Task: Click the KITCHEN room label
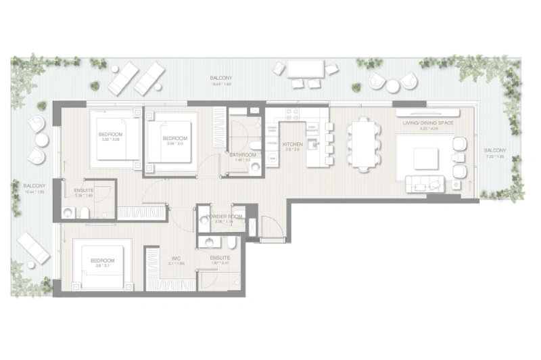(x=292, y=144)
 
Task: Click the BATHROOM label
(x=242, y=155)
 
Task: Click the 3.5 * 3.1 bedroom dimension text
(x=103, y=266)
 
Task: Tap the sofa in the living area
(x=424, y=183)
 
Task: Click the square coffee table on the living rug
(x=419, y=154)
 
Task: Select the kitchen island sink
(x=313, y=143)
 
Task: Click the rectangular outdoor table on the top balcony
(x=306, y=69)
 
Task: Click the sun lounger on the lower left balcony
(x=32, y=247)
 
